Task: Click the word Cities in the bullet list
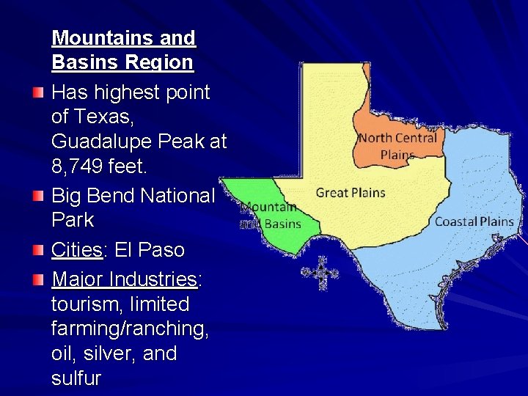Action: pos(76,250)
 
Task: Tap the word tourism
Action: pos(83,304)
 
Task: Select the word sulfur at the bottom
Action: pos(76,378)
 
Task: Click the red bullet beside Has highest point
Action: pos(38,94)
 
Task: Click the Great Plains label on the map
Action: pos(350,193)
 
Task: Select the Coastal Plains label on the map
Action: pos(474,221)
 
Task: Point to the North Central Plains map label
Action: pos(397,145)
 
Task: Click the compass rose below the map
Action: pos(320,273)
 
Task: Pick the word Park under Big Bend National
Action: pos(73,220)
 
